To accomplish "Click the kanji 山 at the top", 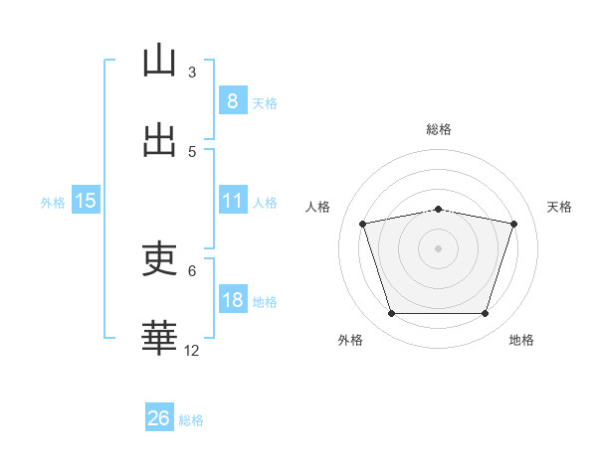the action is pyautogui.click(x=159, y=60).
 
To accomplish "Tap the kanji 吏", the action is pyautogui.click(x=159, y=258).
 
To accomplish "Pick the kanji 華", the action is pyautogui.click(x=159, y=338).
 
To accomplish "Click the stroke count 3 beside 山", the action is pyautogui.click(x=192, y=73).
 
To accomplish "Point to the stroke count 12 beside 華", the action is pyautogui.click(x=191, y=351).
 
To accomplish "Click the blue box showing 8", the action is pyautogui.click(x=233, y=100).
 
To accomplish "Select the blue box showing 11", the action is pyautogui.click(x=233, y=200).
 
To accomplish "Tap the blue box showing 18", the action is pyautogui.click(x=233, y=298).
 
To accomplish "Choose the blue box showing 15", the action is pyautogui.click(x=86, y=200).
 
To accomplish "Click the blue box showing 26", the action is pyautogui.click(x=159, y=416).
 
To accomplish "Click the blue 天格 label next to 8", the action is pyautogui.click(x=265, y=103).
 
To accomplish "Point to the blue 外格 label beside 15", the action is pyautogui.click(x=53, y=203).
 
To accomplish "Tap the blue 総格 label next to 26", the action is pyautogui.click(x=191, y=420).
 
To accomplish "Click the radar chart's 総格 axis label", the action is pyautogui.click(x=439, y=129).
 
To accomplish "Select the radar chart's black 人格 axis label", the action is pyautogui.click(x=317, y=207).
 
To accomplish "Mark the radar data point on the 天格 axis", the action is pyautogui.click(x=514, y=224).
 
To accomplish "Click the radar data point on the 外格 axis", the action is pyautogui.click(x=392, y=313).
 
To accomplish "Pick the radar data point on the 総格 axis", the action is pyautogui.click(x=439, y=210).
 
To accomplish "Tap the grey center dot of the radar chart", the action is pyautogui.click(x=438, y=248).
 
